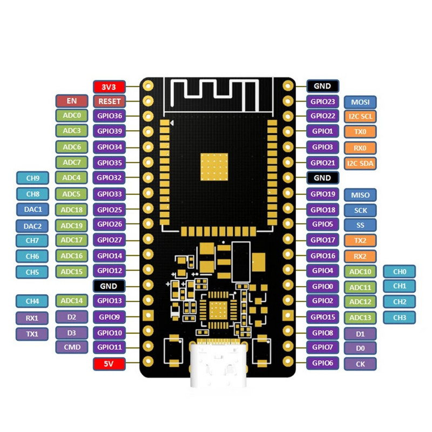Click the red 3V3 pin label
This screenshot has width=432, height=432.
109,86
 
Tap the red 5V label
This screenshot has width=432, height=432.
109,364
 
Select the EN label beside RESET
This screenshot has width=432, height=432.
72,101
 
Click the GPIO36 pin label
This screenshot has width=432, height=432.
109,116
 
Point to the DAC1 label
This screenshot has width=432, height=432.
32,209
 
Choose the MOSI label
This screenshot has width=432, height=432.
360,102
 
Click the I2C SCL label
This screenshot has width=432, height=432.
360,116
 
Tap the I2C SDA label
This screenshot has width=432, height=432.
360,163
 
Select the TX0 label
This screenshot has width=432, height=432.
360,131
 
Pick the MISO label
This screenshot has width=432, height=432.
360,194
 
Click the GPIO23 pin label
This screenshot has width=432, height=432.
323,101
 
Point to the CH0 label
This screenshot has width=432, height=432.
400,272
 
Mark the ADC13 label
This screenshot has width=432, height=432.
360,318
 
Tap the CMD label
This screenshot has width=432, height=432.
72,347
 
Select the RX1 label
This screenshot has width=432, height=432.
32,318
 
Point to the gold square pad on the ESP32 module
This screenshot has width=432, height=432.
214,166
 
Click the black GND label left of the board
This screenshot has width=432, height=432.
109,286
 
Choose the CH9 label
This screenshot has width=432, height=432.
32,178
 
